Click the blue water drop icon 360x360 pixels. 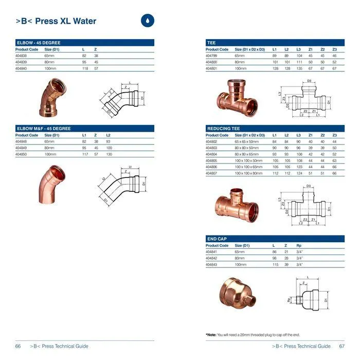pos(148,21)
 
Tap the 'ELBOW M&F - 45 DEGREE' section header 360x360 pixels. pos(44,129)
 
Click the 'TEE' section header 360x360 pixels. pos(211,43)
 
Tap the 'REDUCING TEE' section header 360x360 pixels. pos(222,129)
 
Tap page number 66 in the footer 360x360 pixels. pos(18,346)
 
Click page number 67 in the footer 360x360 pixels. pos(341,346)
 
